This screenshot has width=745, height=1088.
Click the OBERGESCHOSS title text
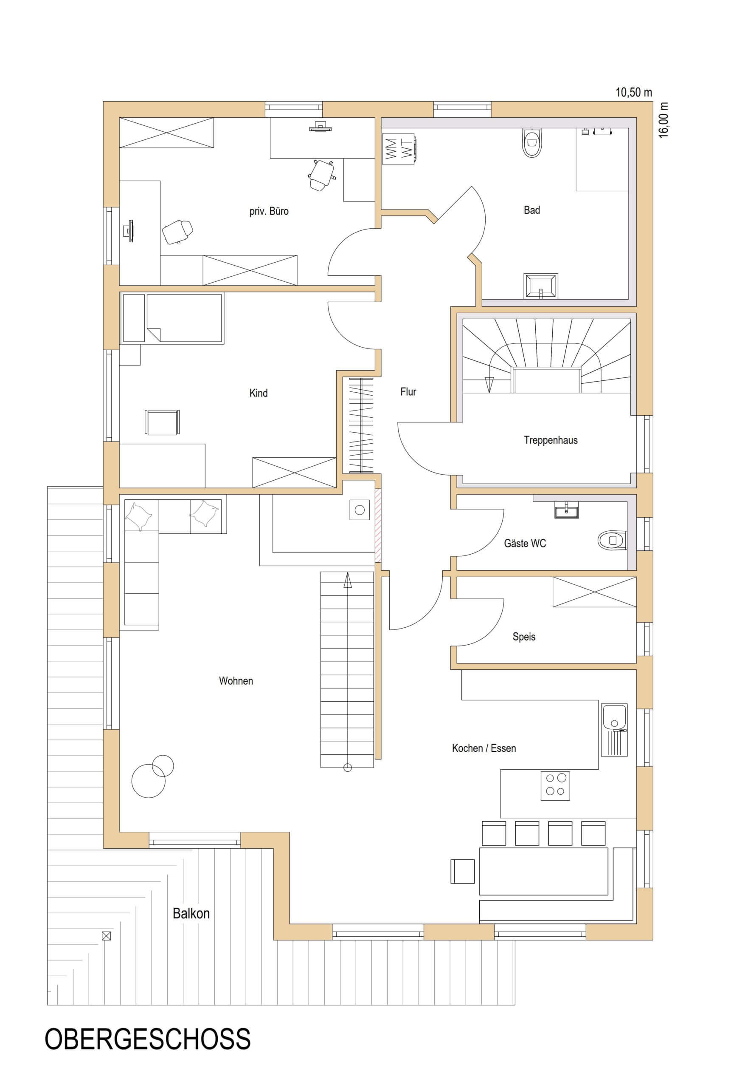[x=147, y=1051]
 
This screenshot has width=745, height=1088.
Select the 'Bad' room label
[x=532, y=210]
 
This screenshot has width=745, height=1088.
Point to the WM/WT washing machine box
[x=400, y=149]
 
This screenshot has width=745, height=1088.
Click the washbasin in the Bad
[x=541, y=286]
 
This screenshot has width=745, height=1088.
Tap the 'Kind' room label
[x=259, y=393]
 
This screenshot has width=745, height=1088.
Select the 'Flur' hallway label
[x=408, y=391]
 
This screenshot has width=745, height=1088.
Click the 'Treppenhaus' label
[x=551, y=440]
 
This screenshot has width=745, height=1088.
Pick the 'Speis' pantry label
[x=524, y=637]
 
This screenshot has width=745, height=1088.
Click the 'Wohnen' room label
[x=236, y=681]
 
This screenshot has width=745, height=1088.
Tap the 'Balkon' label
[x=191, y=913]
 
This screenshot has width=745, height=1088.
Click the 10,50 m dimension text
[x=633, y=92]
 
